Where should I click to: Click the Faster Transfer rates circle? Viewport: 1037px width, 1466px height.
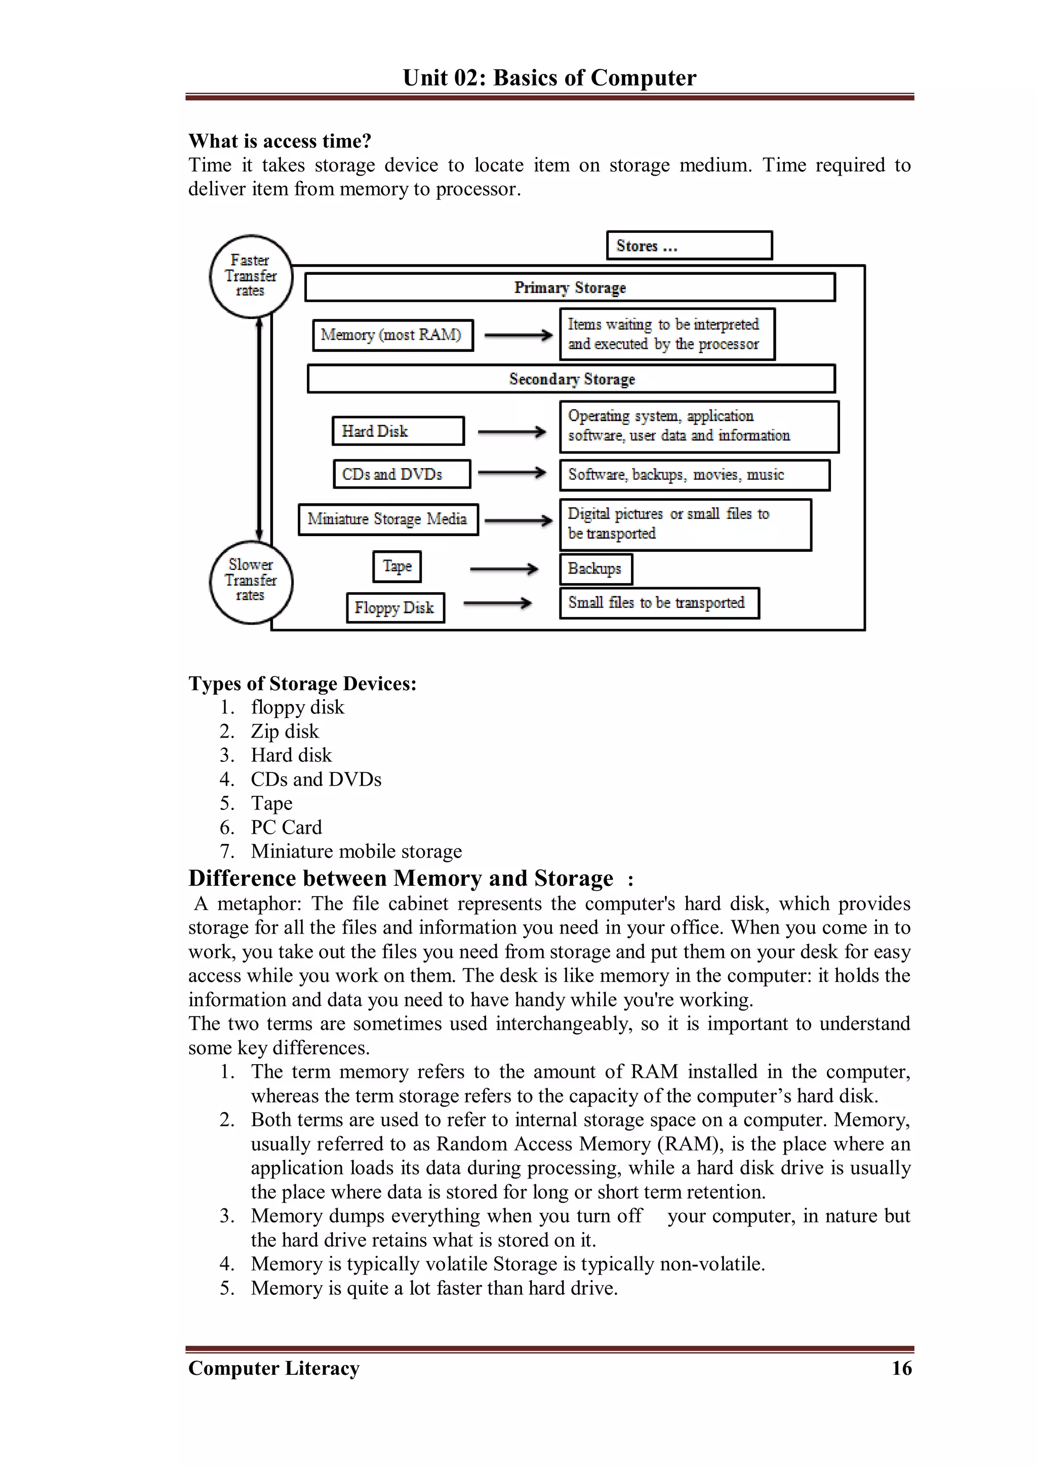click(x=251, y=276)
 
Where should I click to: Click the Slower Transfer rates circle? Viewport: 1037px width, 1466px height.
click(x=251, y=581)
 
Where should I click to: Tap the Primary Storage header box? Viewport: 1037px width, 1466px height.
click(x=570, y=288)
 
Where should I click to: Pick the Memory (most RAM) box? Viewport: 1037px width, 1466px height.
click(x=393, y=335)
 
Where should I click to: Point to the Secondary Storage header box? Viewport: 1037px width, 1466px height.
click(x=571, y=379)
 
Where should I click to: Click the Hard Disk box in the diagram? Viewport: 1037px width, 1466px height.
click(x=398, y=431)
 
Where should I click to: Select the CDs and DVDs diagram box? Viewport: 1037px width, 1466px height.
click(x=402, y=474)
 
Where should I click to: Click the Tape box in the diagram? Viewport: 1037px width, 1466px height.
click(x=397, y=566)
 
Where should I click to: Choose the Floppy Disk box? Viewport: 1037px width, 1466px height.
click(x=395, y=607)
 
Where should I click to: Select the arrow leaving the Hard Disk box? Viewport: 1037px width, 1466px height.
click(x=511, y=432)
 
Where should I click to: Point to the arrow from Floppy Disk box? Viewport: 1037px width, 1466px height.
click(x=497, y=603)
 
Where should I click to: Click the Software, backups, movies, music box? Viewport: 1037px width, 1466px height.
click(x=694, y=475)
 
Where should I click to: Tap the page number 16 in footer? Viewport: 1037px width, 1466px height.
click(x=901, y=1368)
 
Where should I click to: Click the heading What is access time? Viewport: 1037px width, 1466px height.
click(x=280, y=141)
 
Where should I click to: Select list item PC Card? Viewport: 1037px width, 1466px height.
click(x=286, y=828)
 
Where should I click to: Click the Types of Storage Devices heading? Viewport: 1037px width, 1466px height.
click(x=302, y=684)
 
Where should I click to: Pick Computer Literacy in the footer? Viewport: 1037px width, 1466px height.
click(x=274, y=1368)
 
